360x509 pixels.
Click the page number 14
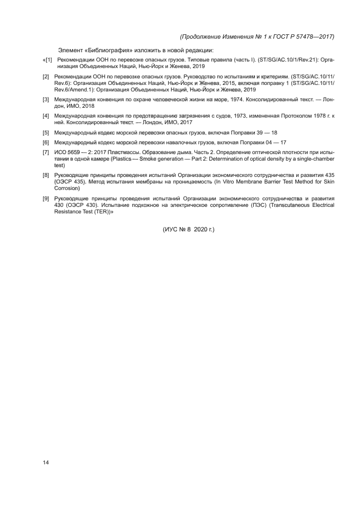pyautogui.click(x=46, y=463)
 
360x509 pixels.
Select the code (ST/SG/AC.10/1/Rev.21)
pyautogui.click(x=291, y=59)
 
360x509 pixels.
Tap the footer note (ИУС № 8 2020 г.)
pyautogui.click(x=189, y=230)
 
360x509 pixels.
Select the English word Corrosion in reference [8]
pyautogui.click(x=68, y=188)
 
